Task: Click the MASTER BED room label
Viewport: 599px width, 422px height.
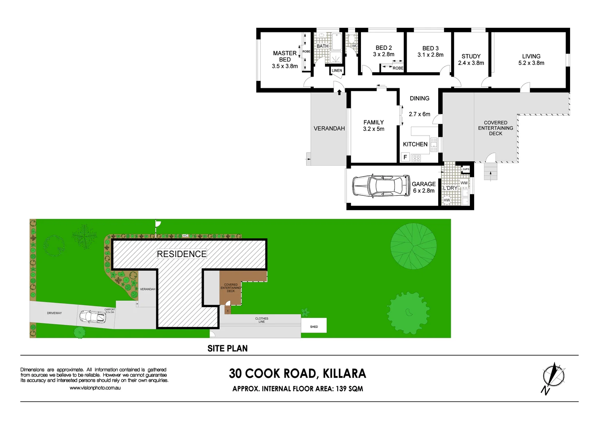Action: click(284, 56)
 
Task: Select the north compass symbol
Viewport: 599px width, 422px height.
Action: click(553, 377)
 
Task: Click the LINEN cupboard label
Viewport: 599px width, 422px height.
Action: click(337, 71)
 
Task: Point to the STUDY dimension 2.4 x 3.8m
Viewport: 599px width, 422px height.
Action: click(471, 63)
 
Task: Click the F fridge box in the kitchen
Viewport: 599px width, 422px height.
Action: click(405, 157)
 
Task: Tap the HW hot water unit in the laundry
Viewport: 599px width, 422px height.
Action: click(447, 200)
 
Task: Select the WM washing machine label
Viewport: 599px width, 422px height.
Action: click(464, 183)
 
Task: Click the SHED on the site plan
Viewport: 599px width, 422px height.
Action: click(314, 326)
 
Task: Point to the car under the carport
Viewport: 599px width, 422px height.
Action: click(92, 317)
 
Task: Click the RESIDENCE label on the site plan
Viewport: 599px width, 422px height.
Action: click(181, 254)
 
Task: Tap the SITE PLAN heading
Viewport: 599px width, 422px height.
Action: click(228, 349)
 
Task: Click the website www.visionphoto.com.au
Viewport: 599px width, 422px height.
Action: click(95, 388)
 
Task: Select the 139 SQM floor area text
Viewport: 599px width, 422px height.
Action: click(349, 389)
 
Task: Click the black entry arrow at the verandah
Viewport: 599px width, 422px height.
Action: click(339, 93)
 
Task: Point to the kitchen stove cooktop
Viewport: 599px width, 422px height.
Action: click(416, 158)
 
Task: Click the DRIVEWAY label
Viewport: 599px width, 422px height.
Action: click(54, 313)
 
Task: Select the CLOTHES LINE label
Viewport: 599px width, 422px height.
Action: click(261, 320)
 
